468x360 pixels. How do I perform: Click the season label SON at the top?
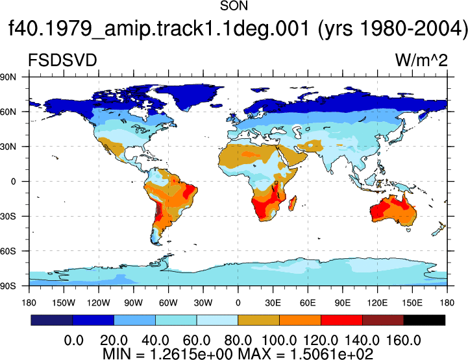click(x=234, y=6)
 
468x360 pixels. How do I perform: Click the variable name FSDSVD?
click(x=62, y=60)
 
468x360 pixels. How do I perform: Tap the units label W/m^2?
click(x=421, y=60)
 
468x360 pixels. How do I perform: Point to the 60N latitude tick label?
click(x=8, y=112)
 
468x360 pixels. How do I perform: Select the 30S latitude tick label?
click(x=8, y=216)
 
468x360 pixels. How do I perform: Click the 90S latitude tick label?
click(x=8, y=286)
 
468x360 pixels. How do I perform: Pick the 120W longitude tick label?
click(x=99, y=303)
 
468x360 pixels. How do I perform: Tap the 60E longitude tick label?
click(x=308, y=303)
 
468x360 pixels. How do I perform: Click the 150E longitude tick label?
click(x=412, y=303)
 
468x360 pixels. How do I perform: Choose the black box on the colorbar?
click(x=424, y=320)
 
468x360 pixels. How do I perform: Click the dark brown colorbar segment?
click(x=383, y=320)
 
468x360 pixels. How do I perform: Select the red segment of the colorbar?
click(x=341, y=320)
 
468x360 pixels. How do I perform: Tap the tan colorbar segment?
click(x=259, y=320)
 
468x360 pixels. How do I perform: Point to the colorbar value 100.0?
click(x=279, y=341)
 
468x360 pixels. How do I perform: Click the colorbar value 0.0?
click(x=74, y=341)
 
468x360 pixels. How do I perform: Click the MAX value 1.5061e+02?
click(x=331, y=354)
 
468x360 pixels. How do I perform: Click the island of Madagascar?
click(x=293, y=203)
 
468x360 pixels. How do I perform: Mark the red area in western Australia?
click(x=377, y=211)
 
